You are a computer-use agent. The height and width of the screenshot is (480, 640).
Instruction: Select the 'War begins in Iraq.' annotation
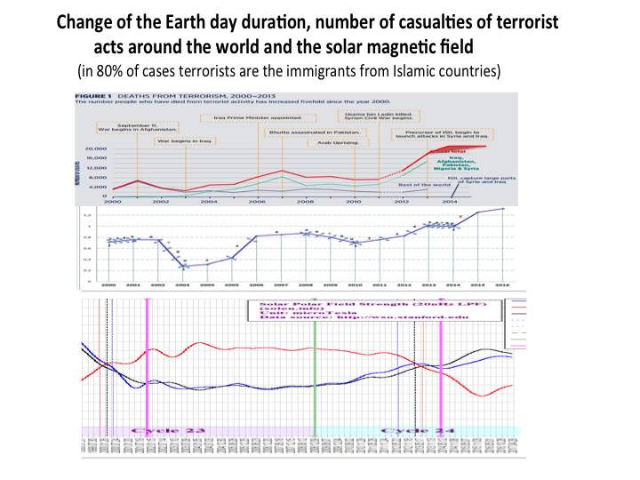click(x=181, y=140)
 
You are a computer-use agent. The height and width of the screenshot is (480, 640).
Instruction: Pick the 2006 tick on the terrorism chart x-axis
click(x=256, y=203)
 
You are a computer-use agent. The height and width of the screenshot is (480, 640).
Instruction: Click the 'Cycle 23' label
click(x=168, y=430)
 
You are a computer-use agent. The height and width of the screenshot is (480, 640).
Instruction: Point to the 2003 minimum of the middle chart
click(x=183, y=267)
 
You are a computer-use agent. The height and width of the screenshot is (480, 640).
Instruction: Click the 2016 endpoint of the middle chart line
click(x=504, y=209)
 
